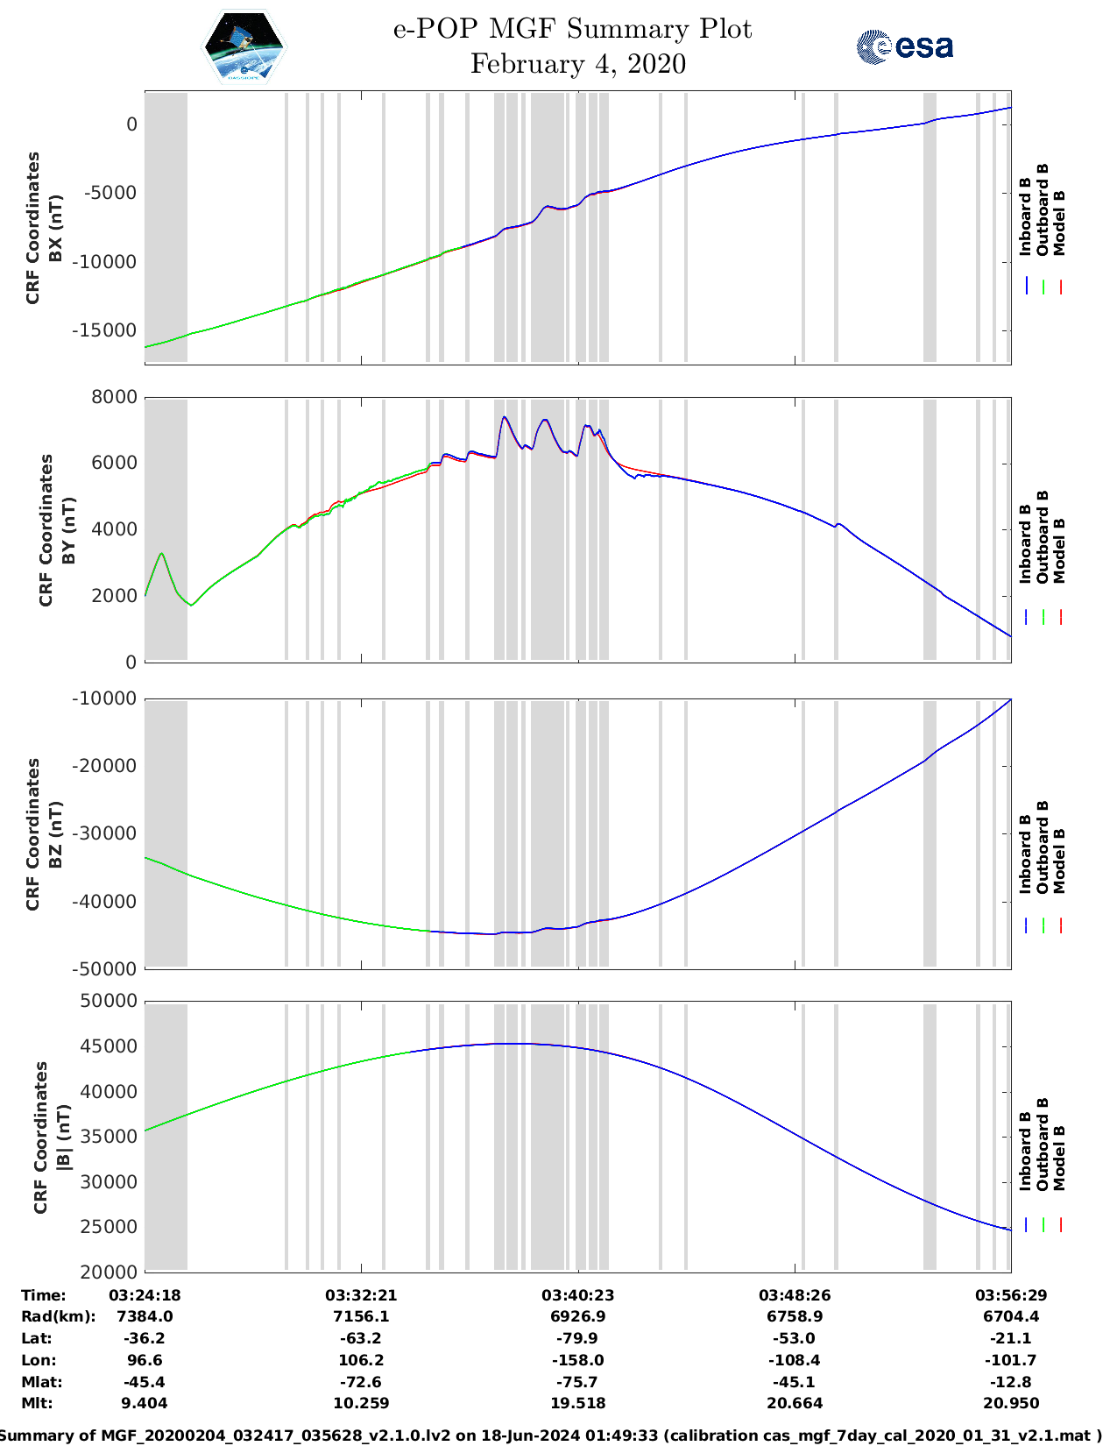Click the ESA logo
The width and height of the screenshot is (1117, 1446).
click(905, 46)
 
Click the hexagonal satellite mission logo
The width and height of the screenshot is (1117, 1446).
click(244, 46)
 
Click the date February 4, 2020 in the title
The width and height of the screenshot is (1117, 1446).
click(577, 64)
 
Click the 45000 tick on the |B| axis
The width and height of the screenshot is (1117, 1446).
click(109, 1046)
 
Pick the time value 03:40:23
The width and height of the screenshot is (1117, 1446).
click(577, 1294)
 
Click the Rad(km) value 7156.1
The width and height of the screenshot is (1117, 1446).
click(361, 1316)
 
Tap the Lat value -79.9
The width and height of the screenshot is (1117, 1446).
click(577, 1338)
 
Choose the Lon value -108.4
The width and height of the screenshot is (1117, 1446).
click(795, 1360)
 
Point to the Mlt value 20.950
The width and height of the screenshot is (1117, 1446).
click(1011, 1403)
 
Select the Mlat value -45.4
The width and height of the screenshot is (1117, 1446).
click(145, 1382)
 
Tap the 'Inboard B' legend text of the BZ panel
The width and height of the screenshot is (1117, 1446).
click(1025, 854)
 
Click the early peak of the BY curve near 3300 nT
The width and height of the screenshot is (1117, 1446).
click(161, 554)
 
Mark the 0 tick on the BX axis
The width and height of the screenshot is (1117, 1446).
click(131, 124)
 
